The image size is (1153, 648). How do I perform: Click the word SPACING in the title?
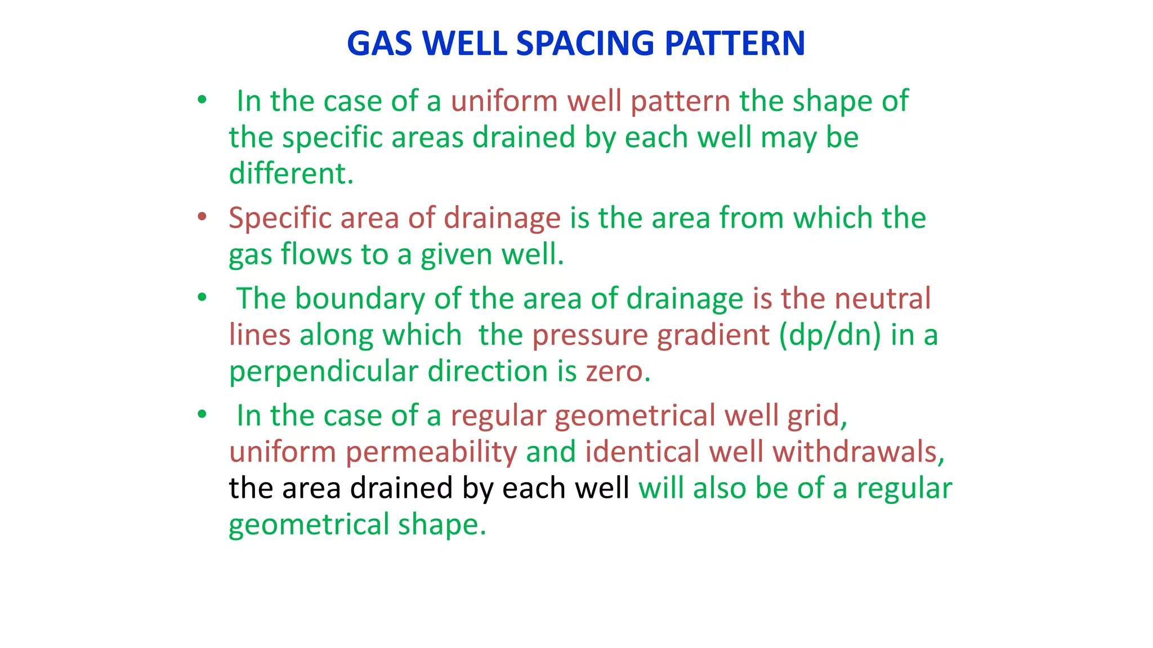tap(585, 43)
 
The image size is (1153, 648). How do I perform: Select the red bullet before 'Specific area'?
tap(202, 217)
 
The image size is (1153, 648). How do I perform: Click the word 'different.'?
tap(291, 173)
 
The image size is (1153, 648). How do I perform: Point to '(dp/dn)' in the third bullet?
tap(830, 335)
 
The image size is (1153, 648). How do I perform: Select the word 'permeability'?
tap(431, 452)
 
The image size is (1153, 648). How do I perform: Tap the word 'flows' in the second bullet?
tap(316, 254)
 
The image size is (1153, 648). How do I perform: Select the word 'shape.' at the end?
tap(442, 525)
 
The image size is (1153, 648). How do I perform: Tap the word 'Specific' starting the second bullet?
tap(280, 218)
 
